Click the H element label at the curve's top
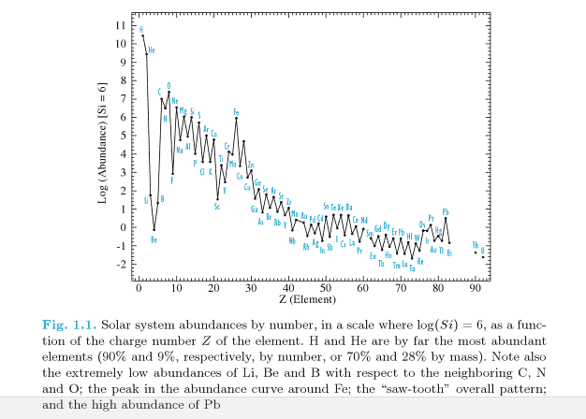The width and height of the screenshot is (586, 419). tap(141, 29)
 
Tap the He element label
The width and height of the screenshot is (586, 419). tap(152, 50)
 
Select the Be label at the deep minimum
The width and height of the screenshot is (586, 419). tap(154, 239)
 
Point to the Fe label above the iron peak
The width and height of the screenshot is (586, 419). tap(236, 112)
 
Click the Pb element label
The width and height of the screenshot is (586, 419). tap(446, 211)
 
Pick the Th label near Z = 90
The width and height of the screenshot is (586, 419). tap(476, 245)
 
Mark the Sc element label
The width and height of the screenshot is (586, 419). tap(217, 207)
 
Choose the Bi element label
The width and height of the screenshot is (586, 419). tap(449, 253)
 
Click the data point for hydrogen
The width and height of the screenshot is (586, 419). tap(142, 36)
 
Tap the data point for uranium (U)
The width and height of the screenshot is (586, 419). tap(483, 256)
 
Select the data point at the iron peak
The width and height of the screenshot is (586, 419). tap(236, 119)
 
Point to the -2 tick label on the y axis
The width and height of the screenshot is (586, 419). tap(121, 264)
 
